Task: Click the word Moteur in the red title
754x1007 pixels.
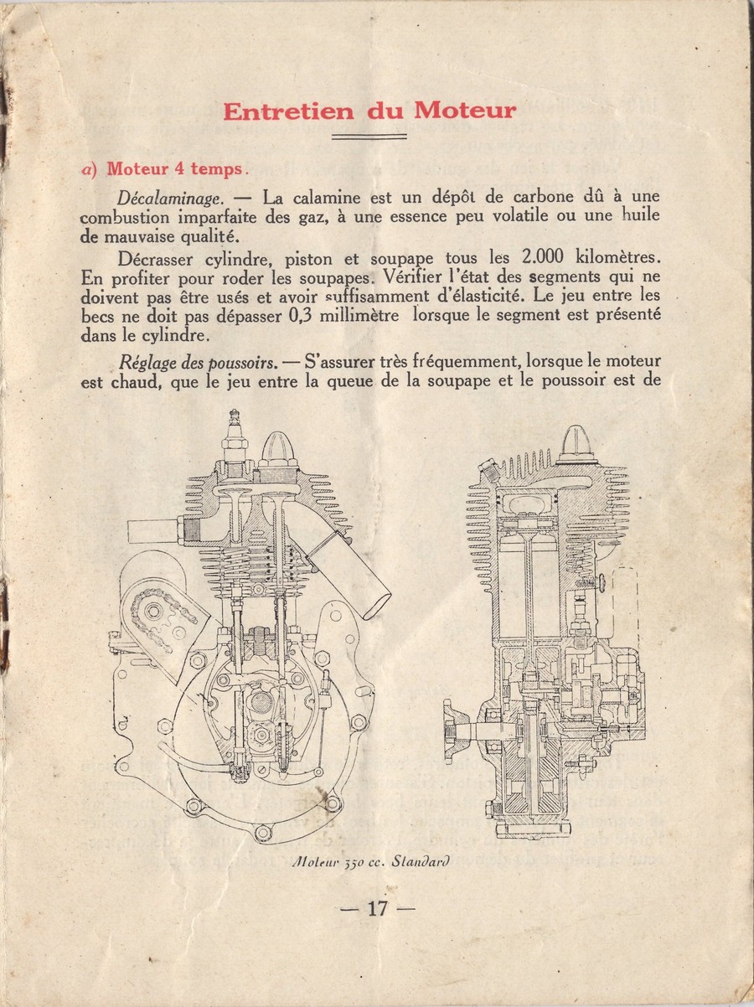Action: pyautogui.click(x=466, y=111)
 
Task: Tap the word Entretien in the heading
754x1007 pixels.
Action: pyautogui.click(x=289, y=111)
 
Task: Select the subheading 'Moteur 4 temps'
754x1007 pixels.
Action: pyautogui.click(x=175, y=169)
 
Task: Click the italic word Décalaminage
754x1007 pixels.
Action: pyautogui.click(x=171, y=199)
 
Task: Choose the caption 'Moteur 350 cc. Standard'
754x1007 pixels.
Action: pyautogui.click(x=369, y=861)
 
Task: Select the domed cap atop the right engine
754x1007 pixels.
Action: pyautogui.click(x=578, y=444)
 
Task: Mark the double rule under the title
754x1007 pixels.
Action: pyautogui.click(x=369, y=137)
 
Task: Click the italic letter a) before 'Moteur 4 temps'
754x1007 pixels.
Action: pyautogui.click(x=90, y=170)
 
